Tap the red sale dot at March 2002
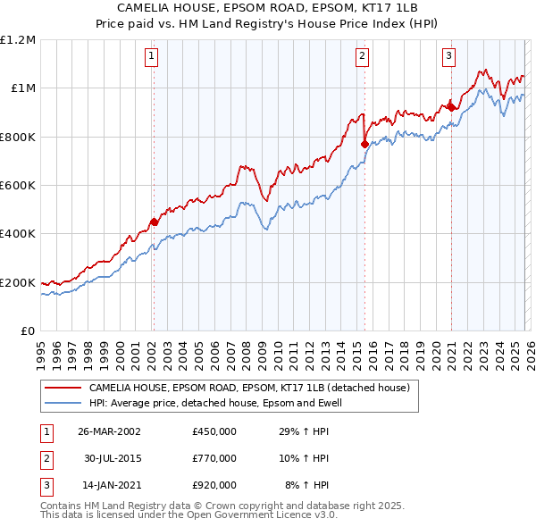pos(154,222)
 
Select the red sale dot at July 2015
pos(364,144)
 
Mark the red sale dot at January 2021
pos(451,107)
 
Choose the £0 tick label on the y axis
pos(28,331)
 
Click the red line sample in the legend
pos(63,389)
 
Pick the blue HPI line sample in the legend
pos(63,403)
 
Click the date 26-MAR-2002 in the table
pos(108,431)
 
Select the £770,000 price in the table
pos(214,458)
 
